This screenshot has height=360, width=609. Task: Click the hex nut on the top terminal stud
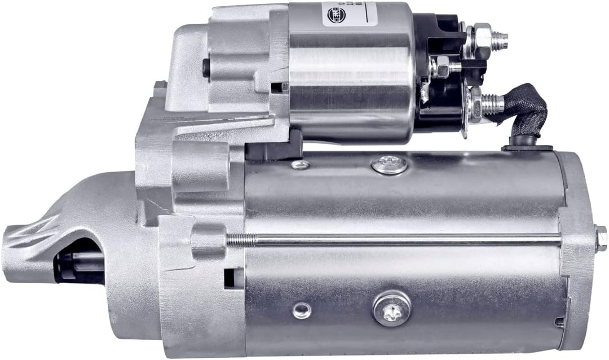(x=481, y=38)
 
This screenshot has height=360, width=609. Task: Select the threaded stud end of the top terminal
(x=500, y=39)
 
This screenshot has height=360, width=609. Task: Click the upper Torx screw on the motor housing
(x=390, y=164)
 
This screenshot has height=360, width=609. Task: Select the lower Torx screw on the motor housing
(x=391, y=308)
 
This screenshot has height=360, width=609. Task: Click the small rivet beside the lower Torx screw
(x=302, y=309)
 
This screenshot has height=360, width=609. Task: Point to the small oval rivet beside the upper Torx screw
(x=301, y=165)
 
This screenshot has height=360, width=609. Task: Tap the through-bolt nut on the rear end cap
(x=601, y=238)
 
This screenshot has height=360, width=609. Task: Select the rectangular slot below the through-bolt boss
(x=231, y=278)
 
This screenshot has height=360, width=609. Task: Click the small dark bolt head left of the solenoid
(x=206, y=68)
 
